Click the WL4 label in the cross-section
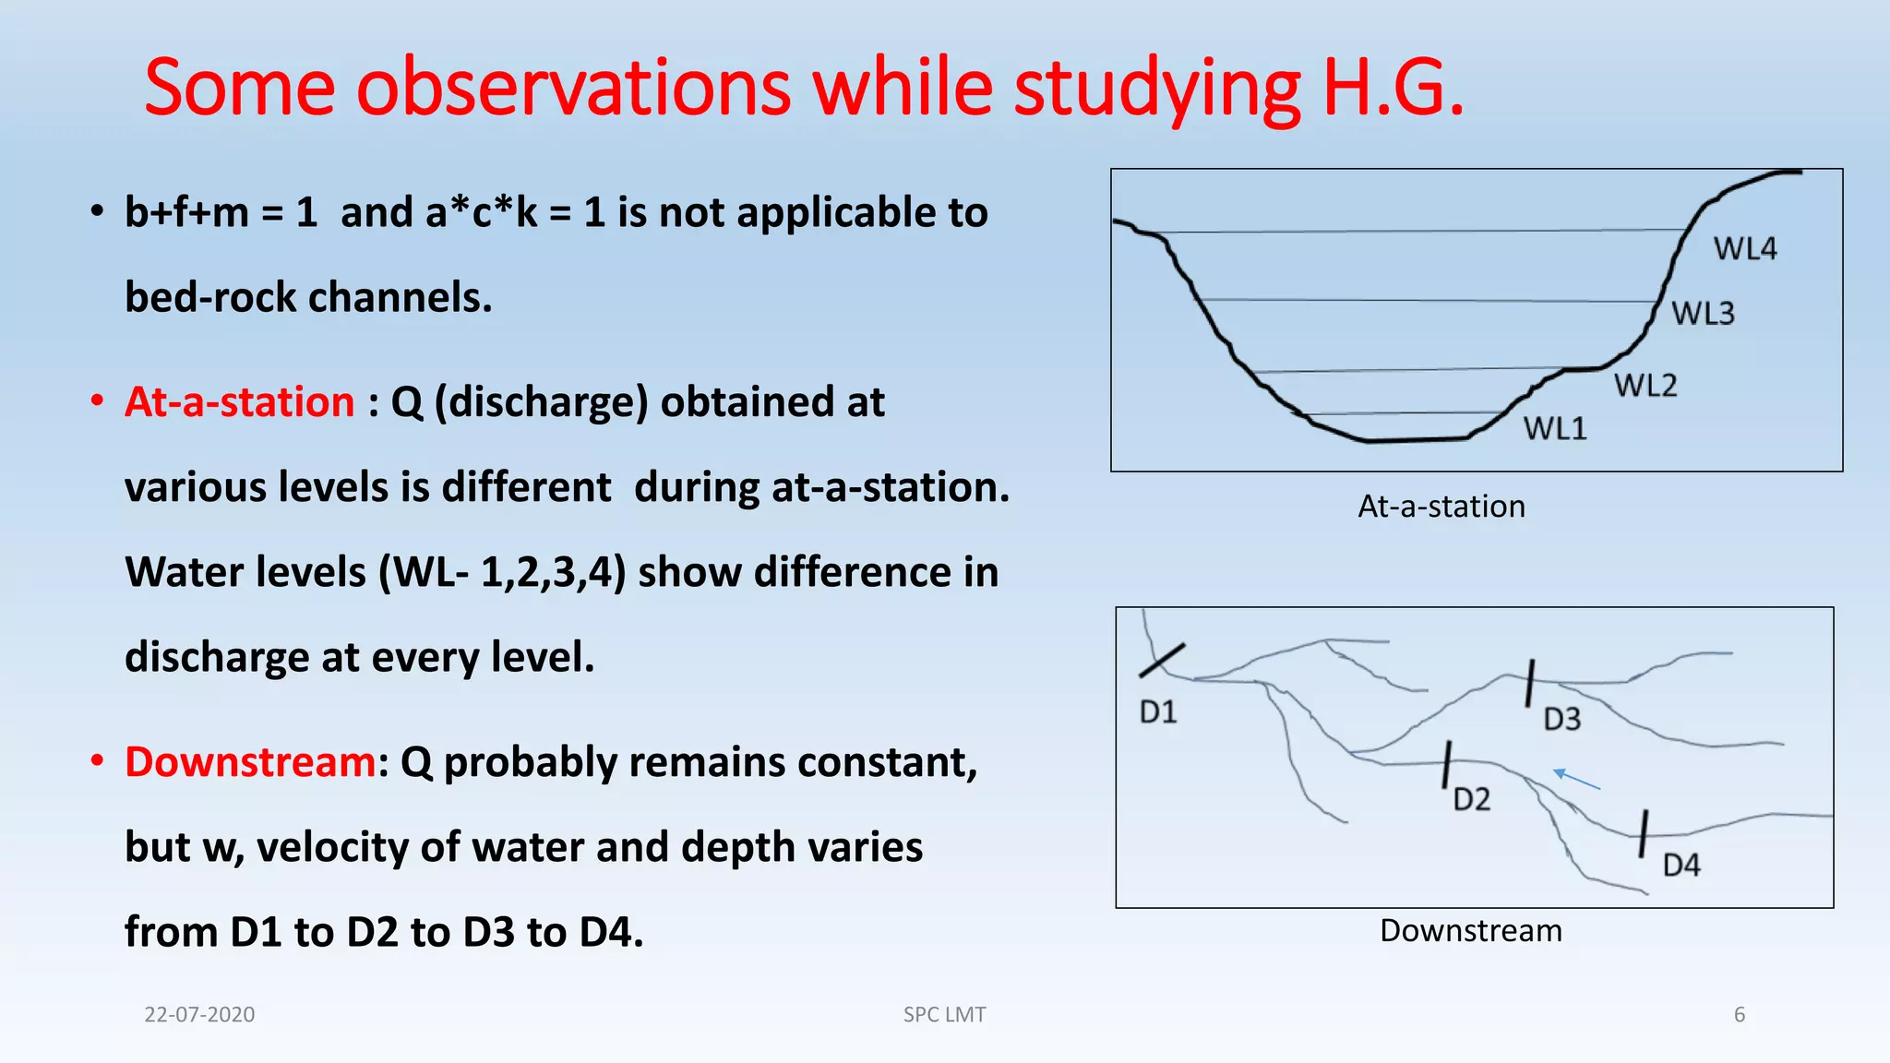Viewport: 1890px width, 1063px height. point(1744,249)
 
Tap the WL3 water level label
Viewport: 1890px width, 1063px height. point(1703,314)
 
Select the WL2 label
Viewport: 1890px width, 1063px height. point(1645,385)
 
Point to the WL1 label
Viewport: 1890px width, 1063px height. point(1555,429)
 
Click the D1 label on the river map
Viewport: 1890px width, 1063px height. point(1158,712)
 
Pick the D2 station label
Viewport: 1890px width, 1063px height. point(1472,799)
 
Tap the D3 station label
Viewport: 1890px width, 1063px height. point(1562,719)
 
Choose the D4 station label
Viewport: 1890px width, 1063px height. point(1681,866)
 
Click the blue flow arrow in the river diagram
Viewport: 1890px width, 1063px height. point(1576,780)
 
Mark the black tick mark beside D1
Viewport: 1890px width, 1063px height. point(1162,660)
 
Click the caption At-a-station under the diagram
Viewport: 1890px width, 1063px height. point(1441,507)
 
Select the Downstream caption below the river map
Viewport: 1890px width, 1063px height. point(1471,930)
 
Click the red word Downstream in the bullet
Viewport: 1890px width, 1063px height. point(250,762)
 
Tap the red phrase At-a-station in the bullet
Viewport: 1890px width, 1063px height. point(240,402)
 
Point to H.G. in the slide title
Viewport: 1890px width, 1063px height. point(1393,88)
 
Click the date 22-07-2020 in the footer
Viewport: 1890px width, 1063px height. point(199,1014)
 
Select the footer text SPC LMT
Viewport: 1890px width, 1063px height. point(944,1014)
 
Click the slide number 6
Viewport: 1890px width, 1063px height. point(1740,1014)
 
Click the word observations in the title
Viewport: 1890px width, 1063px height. point(573,88)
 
